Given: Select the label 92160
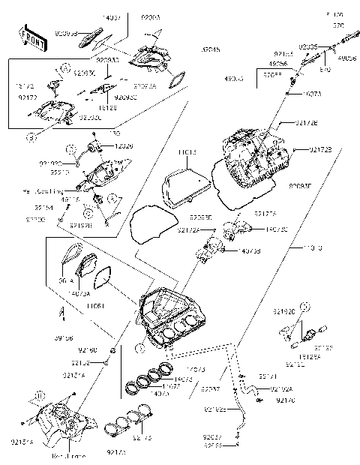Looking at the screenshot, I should [x=88, y=350].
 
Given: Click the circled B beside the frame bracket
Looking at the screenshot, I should [x=34, y=393].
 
